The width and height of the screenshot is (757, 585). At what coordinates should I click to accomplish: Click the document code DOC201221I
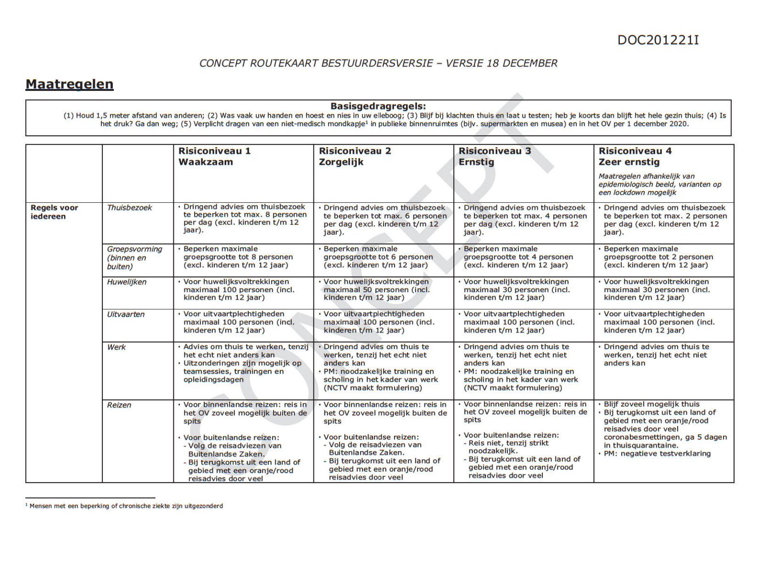coord(658,40)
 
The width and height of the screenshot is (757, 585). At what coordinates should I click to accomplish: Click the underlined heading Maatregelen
coord(69,84)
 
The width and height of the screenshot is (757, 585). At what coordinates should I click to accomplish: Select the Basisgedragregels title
coord(378,106)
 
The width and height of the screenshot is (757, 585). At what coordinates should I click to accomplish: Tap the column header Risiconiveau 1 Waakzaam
coord(214,156)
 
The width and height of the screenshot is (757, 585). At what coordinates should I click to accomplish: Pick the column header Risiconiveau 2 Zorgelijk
coord(355,156)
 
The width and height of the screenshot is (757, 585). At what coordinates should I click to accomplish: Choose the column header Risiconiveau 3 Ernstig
coord(495,156)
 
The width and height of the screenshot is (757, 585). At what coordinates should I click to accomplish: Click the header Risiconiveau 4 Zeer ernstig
coord(635,156)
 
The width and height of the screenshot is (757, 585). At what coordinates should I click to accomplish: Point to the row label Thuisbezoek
coord(129,208)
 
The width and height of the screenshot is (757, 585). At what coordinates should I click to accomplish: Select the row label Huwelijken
coord(127,282)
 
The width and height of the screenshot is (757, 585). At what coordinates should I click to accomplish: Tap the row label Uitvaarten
coord(126,315)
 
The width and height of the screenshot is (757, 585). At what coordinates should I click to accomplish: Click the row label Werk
coord(117,347)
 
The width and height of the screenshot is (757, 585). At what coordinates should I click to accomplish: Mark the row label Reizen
coord(119,405)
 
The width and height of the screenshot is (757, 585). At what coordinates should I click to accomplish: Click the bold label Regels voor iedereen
coord(54,212)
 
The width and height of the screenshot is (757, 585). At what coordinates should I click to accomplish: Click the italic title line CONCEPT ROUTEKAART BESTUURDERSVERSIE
coord(378,63)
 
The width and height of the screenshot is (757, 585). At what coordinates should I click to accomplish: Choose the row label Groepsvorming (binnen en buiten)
coord(134,258)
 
